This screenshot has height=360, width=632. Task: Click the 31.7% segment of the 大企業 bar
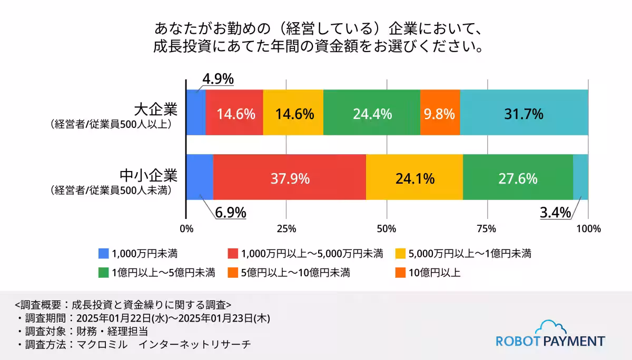tap(524, 113)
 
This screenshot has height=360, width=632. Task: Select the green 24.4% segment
tap(371, 113)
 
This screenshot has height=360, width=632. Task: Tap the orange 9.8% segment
tap(440, 113)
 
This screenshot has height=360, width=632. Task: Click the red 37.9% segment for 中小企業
tap(289, 178)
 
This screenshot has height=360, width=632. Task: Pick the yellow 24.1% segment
tap(414, 178)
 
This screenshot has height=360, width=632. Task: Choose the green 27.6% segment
tap(517, 178)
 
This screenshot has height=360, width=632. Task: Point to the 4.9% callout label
tap(218, 78)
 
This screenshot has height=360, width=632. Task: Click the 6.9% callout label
tap(230, 213)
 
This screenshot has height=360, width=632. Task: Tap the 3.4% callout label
tap(555, 213)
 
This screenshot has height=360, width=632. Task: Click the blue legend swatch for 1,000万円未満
tap(104, 253)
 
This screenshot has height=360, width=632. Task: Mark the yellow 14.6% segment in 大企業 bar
tap(293, 113)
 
